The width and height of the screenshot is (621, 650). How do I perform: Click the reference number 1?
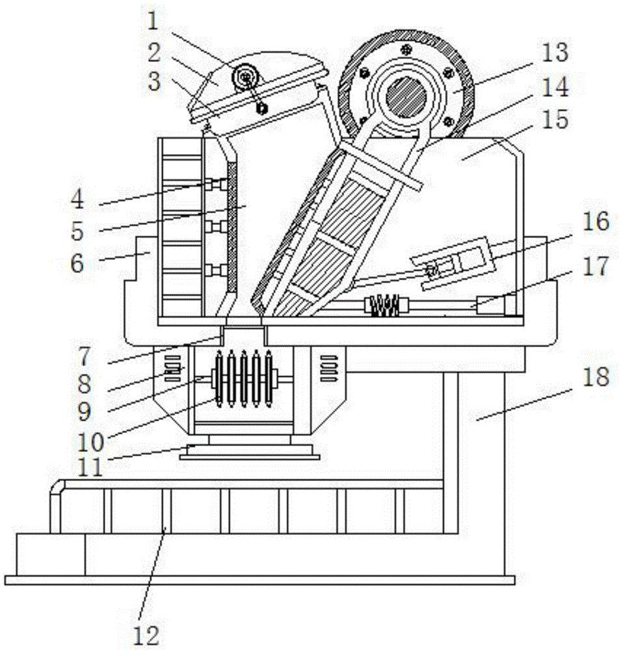click(x=153, y=21)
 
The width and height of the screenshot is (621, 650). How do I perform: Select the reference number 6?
click(x=77, y=263)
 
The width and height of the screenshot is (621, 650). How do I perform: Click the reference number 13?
click(x=555, y=53)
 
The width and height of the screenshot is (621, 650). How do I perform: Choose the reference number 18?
click(x=596, y=377)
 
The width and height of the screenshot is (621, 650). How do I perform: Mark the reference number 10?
click(x=90, y=443)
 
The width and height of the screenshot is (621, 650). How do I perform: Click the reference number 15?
click(x=555, y=119)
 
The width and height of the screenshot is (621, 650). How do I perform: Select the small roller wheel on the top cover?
click(x=246, y=77)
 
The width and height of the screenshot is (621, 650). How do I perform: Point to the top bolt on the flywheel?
click(x=406, y=50)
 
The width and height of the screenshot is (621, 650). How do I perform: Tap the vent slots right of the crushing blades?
click(x=330, y=368)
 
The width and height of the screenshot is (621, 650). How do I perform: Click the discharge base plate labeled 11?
click(x=249, y=452)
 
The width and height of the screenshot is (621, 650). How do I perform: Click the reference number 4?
click(x=77, y=199)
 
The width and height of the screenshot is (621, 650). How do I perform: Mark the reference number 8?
click(x=85, y=384)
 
